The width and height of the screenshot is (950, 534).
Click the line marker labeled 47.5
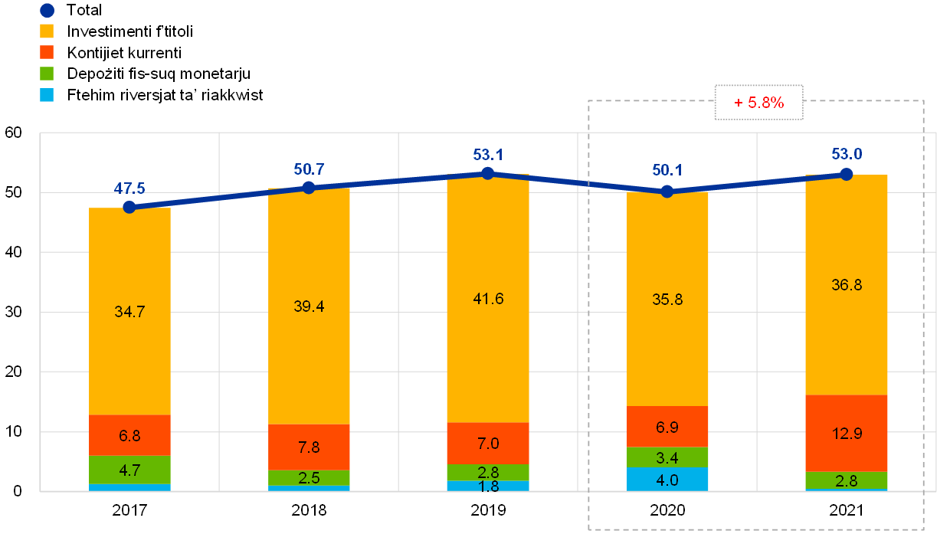(x=129, y=207)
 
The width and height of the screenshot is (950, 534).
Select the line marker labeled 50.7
(x=309, y=188)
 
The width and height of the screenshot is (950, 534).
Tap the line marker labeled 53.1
(x=487, y=173)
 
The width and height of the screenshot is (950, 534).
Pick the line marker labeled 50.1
(x=667, y=192)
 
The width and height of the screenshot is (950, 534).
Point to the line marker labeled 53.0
(x=847, y=175)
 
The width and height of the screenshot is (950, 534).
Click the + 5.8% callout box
(x=758, y=103)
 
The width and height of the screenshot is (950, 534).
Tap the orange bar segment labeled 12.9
(x=847, y=433)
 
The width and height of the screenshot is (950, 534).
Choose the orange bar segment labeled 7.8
(x=309, y=447)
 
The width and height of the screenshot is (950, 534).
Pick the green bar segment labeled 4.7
(x=129, y=470)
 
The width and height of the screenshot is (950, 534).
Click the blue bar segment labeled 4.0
(x=667, y=479)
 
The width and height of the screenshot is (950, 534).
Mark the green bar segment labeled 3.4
(x=667, y=457)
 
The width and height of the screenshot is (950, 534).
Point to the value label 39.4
(x=310, y=306)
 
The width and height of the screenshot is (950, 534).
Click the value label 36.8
(x=847, y=285)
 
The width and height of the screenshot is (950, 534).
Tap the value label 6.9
(x=667, y=427)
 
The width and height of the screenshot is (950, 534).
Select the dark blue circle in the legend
(x=47, y=11)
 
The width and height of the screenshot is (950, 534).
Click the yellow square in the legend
(x=47, y=31)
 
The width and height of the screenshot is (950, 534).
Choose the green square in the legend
(x=47, y=74)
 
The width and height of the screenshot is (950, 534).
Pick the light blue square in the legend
(x=47, y=95)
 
